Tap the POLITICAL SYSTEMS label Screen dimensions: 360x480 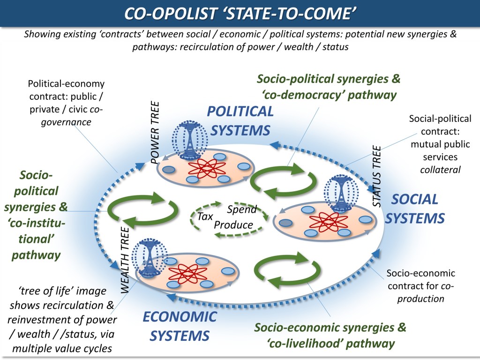point(240,120)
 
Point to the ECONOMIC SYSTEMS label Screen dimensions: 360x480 point(180,326)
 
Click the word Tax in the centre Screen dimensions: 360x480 point(205,217)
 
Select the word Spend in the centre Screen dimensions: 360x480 point(242,210)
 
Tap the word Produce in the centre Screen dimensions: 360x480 point(233,225)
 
